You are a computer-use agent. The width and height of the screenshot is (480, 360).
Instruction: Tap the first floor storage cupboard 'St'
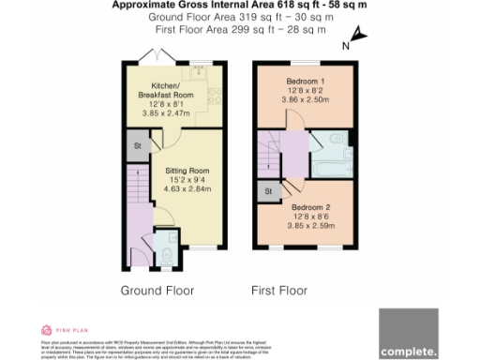click(x=267, y=192)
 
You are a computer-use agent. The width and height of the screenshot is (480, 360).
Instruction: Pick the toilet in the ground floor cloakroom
click(x=165, y=250)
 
